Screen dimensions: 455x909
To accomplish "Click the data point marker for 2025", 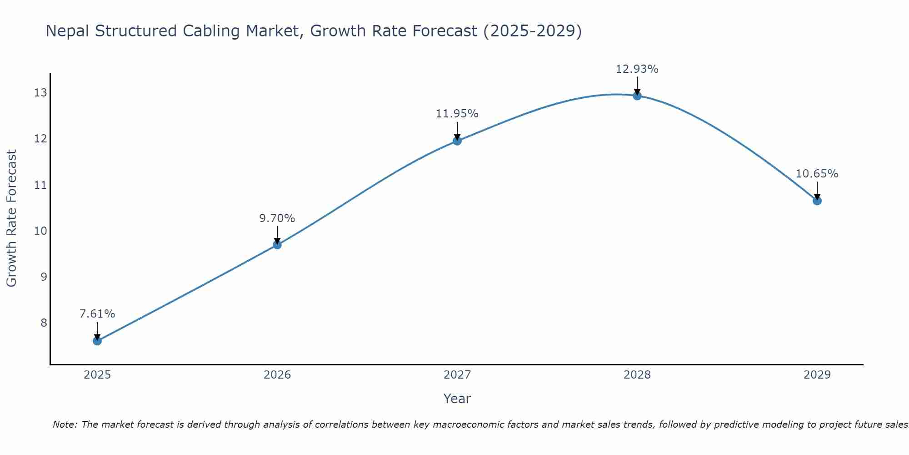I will [97, 341].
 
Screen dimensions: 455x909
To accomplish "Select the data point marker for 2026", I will [277, 245].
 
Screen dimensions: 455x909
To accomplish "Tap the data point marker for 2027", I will [457, 141].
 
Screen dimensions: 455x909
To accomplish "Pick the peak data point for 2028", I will [637, 96].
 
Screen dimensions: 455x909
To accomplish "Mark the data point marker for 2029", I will [817, 201].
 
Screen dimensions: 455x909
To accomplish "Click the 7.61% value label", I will [97, 314].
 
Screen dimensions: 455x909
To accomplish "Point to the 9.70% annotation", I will [277, 218].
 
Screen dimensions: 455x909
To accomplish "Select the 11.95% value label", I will [457, 114].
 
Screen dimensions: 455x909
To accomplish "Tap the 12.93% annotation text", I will [637, 69].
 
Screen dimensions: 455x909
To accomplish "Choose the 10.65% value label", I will [817, 174].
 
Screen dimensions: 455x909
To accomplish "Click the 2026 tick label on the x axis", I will [277, 375].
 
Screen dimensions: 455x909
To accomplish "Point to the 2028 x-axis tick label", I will [637, 375].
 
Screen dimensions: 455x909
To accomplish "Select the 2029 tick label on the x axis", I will [817, 375].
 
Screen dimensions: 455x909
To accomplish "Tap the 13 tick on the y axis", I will [40, 93].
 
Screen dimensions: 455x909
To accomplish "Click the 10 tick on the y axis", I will [40, 231].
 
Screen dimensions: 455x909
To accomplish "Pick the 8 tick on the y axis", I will [44, 323].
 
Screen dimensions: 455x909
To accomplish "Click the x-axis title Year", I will [457, 399].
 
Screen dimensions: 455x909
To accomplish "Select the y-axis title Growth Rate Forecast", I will [11, 218].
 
